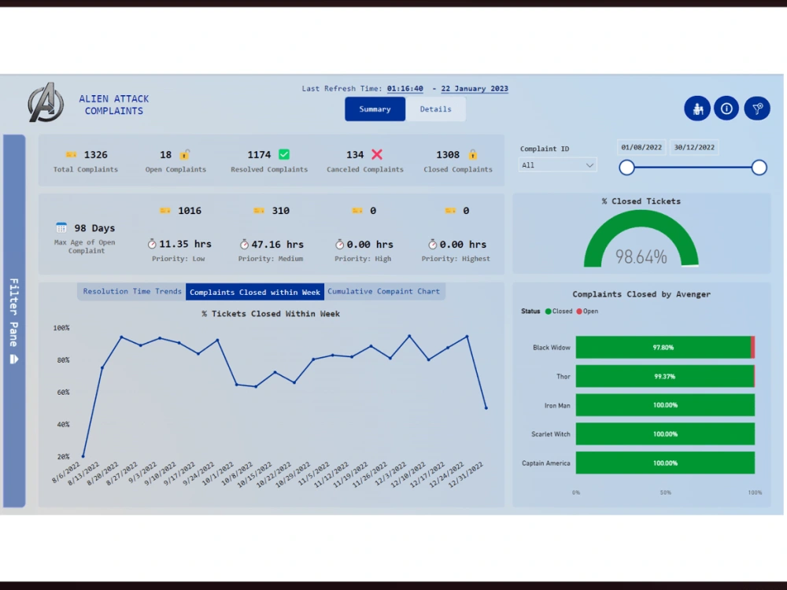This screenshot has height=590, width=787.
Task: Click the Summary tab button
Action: coord(375,109)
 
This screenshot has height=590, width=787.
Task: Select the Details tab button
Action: coord(435,109)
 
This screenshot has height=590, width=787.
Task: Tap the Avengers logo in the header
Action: coord(46,102)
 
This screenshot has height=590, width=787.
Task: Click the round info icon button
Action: coord(726,109)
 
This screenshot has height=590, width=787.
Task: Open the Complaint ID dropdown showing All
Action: coord(558,165)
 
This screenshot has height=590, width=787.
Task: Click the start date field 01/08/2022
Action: coord(642,147)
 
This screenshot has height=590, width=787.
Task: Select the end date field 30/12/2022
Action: coord(694,147)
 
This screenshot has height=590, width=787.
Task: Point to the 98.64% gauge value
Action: coord(641,256)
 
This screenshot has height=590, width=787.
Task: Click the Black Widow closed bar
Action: coord(663,348)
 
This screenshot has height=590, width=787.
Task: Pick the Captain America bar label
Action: coord(546,463)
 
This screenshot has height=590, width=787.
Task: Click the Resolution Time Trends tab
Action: coord(132,292)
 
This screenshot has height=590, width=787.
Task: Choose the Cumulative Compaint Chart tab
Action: coord(384,292)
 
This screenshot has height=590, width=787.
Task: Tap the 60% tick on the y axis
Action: coord(61,393)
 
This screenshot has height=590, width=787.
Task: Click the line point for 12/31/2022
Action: coord(486,407)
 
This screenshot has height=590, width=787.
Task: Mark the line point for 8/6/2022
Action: coord(83,456)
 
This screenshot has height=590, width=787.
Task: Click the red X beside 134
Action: coord(377,155)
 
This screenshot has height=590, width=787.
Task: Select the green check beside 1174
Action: coord(284,155)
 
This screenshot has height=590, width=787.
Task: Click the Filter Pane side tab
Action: coord(14,321)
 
